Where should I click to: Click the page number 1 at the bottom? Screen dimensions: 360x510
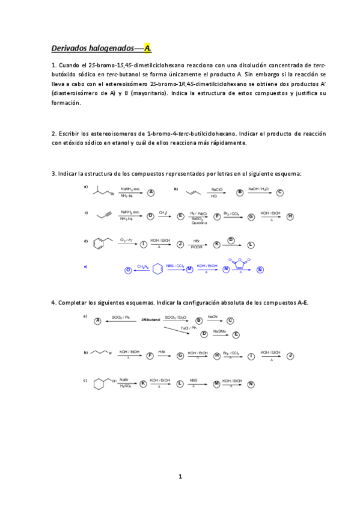[180, 477]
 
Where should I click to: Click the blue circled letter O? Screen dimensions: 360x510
[127, 269]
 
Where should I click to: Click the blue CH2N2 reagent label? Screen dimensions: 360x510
[143, 266]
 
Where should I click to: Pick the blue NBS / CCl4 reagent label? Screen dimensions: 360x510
[175, 266]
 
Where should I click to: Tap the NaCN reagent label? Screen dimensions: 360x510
[213, 316]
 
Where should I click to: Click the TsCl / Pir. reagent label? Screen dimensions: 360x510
[189, 328]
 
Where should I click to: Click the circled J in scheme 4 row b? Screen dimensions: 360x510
[290, 356]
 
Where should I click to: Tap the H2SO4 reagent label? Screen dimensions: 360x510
[125, 386]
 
